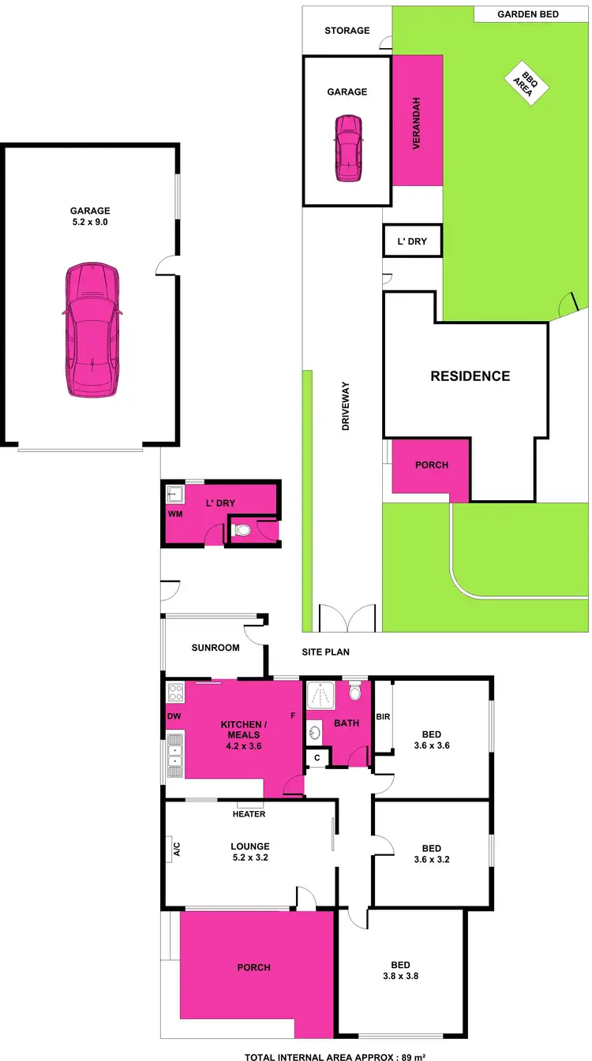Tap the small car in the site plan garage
point(348,148)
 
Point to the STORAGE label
point(347,31)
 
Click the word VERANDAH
point(416,124)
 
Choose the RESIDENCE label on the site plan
point(470,376)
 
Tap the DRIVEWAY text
point(346,405)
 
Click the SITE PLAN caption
point(326,652)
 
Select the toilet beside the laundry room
point(242,531)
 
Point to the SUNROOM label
point(215,648)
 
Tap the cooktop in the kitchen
point(175,693)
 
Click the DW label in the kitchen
point(174,716)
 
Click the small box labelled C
point(317,757)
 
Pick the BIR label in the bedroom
point(382,716)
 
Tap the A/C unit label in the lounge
point(177,849)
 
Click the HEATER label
point(249,814)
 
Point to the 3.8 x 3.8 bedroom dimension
point(400,975)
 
